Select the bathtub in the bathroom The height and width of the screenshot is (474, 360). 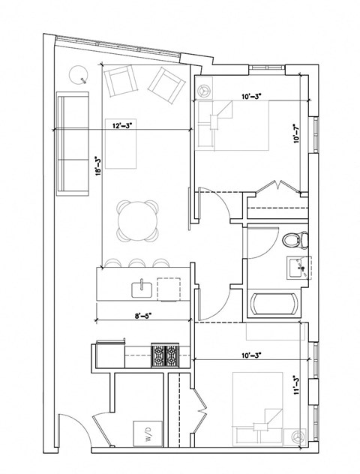point(275,304)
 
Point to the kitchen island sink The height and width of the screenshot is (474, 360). point(141,286)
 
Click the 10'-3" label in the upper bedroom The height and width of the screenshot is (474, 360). point(252,96)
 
